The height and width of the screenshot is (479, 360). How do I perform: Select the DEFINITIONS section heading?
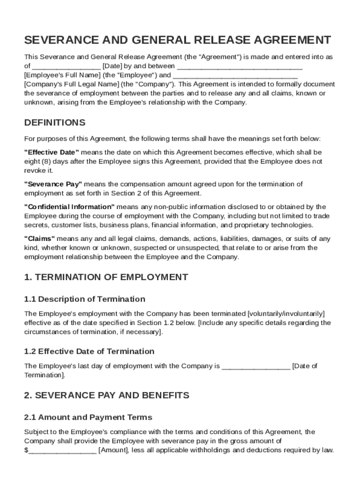pyautogui.click(x=55, y=123)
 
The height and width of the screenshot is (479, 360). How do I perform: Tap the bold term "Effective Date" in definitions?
pyautogui.click(x=51, y=152)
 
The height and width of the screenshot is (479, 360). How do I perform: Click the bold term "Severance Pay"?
pyautogui.click(x=53, y=184)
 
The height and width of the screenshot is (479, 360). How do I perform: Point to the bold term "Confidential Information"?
pyautogui.click(x=69, y=207)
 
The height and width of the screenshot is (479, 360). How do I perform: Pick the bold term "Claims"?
pyautogui.click(x=39, y=239)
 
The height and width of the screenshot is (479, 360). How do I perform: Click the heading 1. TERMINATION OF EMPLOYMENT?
pyautogui.click(x=106, y=277)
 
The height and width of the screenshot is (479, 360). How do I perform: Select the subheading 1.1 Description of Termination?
pyautogui.click(x=85, y=299)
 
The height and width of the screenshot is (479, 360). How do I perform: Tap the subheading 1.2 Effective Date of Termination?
pyautogui.click(x=89, y=351)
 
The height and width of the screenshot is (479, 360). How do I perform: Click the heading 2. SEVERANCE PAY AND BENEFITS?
pyautogui.click(x=107, y=395)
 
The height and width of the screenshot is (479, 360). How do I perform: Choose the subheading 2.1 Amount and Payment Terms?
pyautogui.click(x=88, y=417)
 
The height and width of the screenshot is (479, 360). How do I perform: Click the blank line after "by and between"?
pyautogui.click(x=239, y=67)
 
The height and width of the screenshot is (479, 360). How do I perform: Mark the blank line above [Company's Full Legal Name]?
pyautogui.click(x=235, y=76)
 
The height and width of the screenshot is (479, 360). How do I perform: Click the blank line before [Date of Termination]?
pyautogui.click(x=256, y=367)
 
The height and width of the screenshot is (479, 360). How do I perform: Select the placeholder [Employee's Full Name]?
pyautogui.click(x=62, y=75)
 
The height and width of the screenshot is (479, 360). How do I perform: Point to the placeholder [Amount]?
pyautogui.click(x=113, y=450)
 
